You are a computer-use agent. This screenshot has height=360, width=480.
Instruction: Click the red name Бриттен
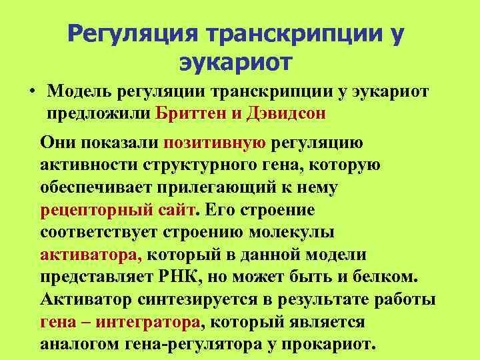(188, 112)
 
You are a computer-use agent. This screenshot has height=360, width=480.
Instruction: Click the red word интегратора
(147, 323)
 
